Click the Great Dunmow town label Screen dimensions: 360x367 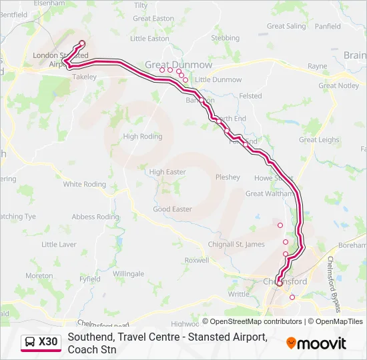178,65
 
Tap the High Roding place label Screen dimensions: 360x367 142,136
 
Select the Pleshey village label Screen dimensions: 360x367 228,177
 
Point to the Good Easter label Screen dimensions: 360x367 172,209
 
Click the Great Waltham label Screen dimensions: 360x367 270,194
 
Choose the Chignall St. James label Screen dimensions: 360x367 236,244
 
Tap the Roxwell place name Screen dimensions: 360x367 197,261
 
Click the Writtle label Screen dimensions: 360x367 238,294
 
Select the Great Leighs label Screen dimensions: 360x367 319,140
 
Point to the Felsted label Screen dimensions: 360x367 250,96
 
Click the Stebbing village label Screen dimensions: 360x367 225,39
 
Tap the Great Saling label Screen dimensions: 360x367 286,27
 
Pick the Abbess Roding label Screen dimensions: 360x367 95,217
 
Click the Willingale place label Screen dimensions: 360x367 128,274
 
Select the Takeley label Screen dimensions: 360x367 85,77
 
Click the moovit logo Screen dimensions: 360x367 316,343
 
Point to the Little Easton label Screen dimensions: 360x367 149,39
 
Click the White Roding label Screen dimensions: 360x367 85,184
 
